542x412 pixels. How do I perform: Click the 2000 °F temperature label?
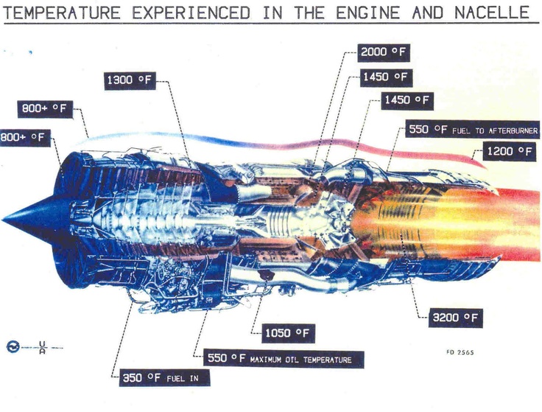(x=384, y=52)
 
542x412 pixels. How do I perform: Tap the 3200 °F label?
(x=457, y=318)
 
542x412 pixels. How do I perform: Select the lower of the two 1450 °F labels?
(x=406, y=100)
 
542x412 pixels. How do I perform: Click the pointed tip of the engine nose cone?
(x=4, y=218)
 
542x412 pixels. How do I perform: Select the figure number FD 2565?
(x=460, y=352)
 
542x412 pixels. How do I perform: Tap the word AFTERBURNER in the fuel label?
(x=516, y=130)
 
